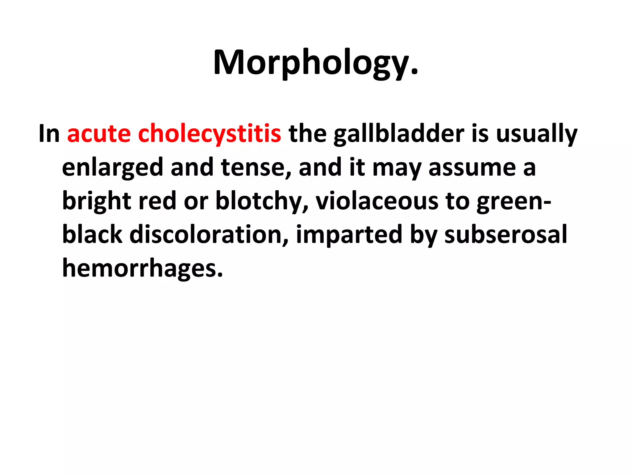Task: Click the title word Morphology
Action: coord(315,63)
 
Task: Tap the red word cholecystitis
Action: coord(210,134)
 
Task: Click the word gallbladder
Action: coord(399,134)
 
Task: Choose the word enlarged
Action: coord(112,168)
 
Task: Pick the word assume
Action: coord(472,168)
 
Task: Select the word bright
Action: coord(97,201)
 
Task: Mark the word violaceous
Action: coord(377,201)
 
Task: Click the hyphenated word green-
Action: coord(514,202)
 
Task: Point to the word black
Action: coord(92,234)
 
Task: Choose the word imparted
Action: coord(349,235)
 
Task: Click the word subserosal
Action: coord(505,234)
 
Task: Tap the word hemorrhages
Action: coord(142,268)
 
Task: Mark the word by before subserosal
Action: coord(423,235)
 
